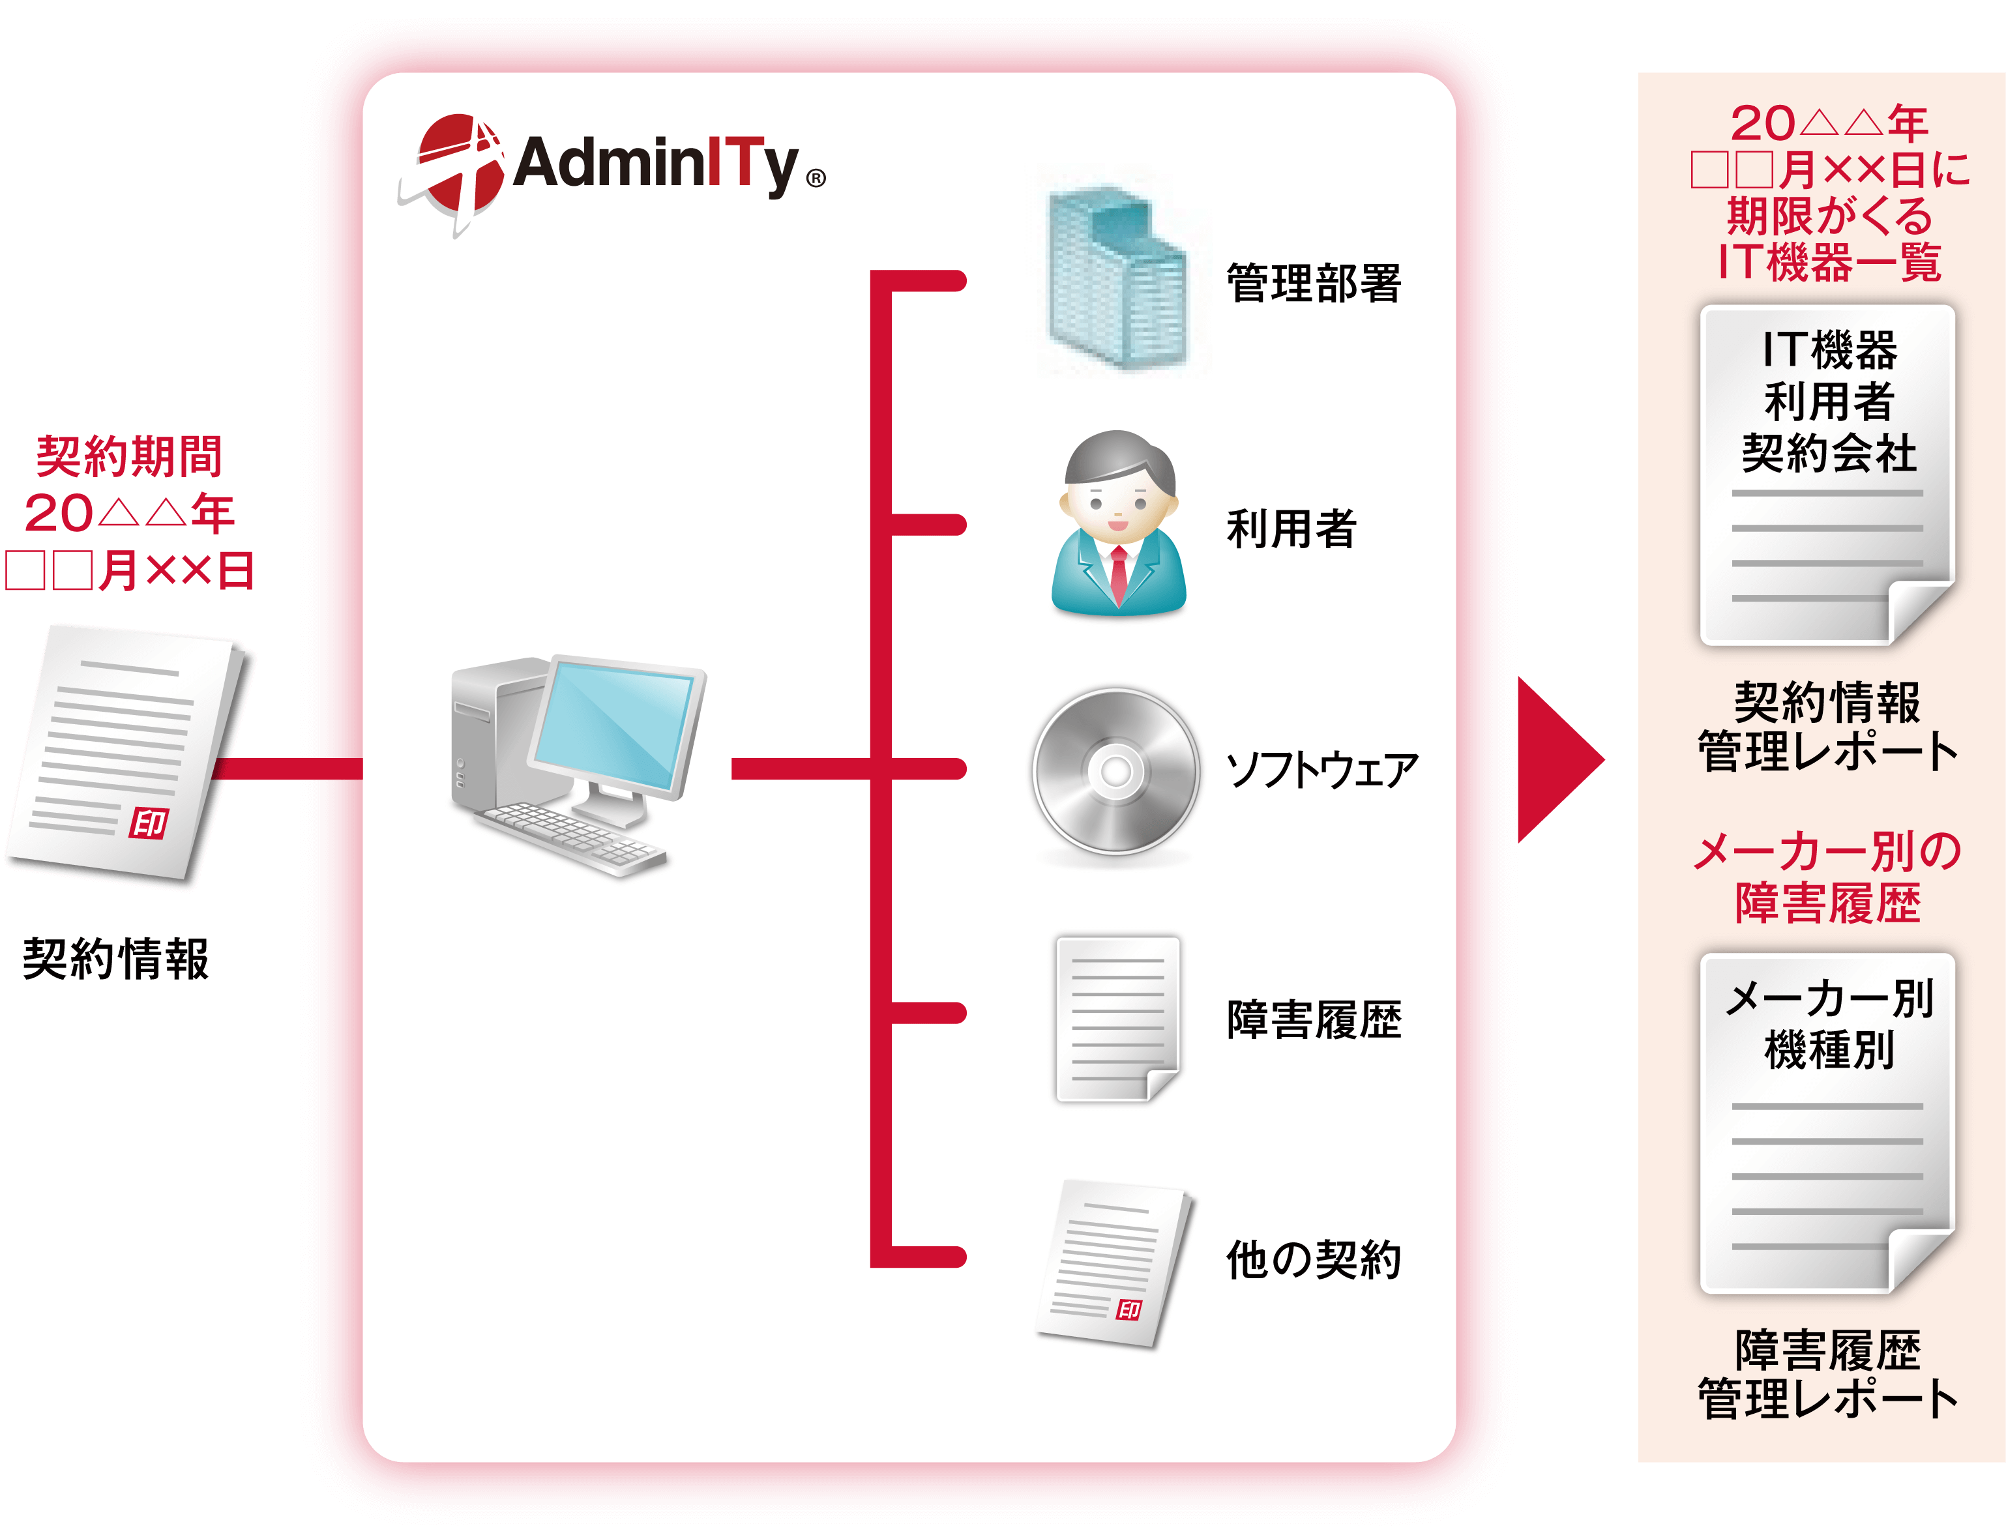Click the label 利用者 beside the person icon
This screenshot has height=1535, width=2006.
point(1291,528)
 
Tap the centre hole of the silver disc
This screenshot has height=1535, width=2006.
point(1116,771)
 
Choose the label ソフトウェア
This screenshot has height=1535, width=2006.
point(1321,769)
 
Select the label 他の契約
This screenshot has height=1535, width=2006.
point(1313,1259)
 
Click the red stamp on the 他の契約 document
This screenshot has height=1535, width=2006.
point(1130,1309)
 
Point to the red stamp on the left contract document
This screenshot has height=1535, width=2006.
point(149,823)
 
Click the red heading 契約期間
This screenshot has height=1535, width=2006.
point(129,456)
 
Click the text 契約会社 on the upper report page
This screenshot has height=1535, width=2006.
point(1828,452)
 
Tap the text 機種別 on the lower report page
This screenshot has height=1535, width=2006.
point(1828,1049)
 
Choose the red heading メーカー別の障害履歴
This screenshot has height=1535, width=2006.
point(1828,877)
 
